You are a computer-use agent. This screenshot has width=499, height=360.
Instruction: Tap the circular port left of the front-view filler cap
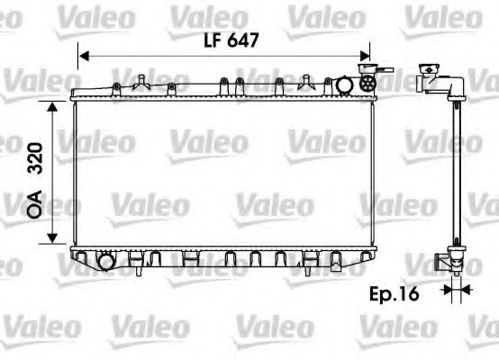point(345,85)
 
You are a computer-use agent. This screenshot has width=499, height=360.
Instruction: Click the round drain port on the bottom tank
point(107,263)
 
